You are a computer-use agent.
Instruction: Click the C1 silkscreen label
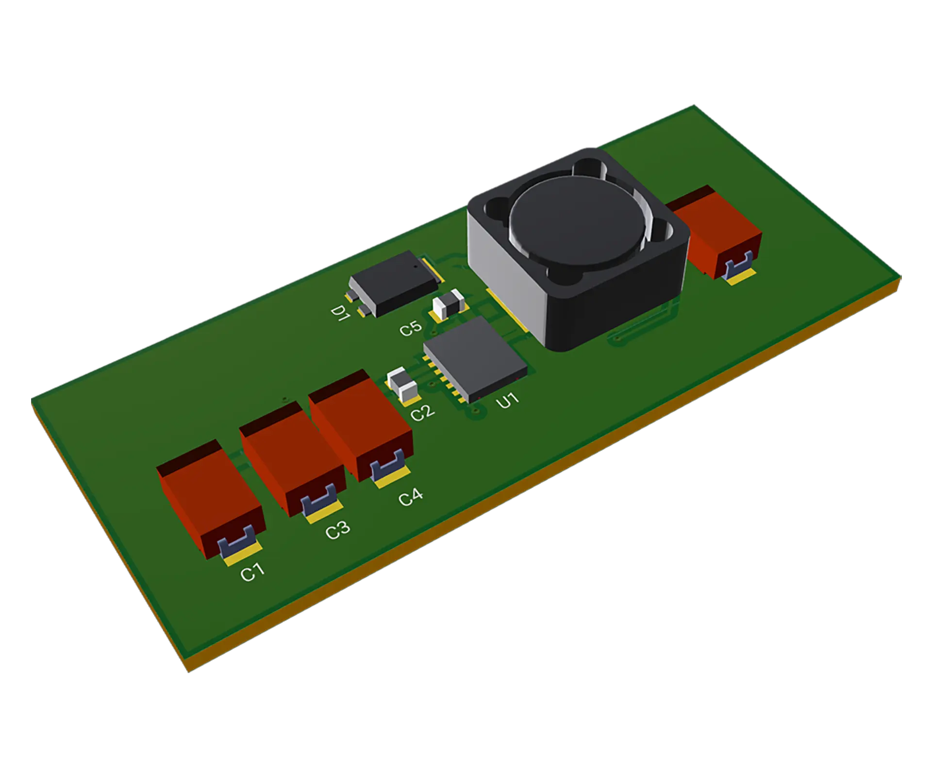[x=252, y=572]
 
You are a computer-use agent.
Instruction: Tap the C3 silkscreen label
[x=337, y=530]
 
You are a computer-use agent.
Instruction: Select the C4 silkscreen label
[x=411, y=497]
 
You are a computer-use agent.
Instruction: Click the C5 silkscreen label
[x=411, y=328]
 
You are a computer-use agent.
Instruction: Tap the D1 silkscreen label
[x=340, y=313]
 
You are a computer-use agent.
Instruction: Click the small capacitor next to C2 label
[x=402, y=384]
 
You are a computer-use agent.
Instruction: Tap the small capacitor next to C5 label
[x=449, y=304]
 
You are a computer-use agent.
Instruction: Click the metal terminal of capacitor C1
[x=236, y=541]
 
